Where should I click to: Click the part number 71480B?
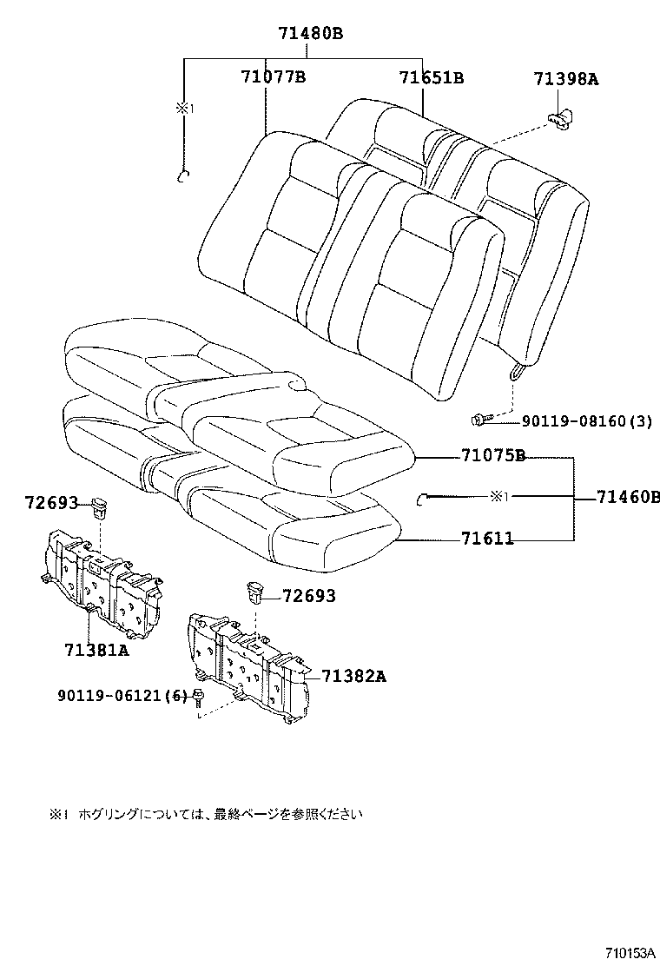pyautogui.click(x=310, y=34)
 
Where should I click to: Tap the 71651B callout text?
pyautogui.click(x=431, y=77)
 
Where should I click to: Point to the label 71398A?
pyautogui.click(x=565, y=80)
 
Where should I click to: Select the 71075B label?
pyautogui.click(x=493, y=456)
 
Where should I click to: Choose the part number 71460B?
pyautogui.click(x=628, y=498)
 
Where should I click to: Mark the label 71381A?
pyautogui.click(x=96, y=650)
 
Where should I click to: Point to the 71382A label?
pyautogui.click(x=353, y=676)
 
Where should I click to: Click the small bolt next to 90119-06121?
pyautogui.click(x=199, y=697)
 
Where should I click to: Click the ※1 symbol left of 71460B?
pyautogui.click(x=498, y=497)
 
